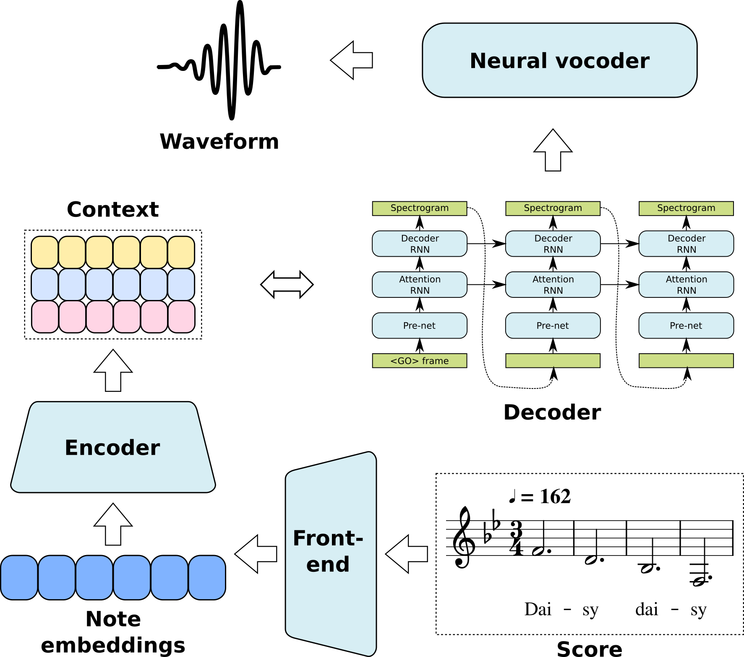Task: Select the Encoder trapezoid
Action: (113, 447)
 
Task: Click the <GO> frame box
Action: (420, 361)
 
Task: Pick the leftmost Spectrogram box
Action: (420, 209)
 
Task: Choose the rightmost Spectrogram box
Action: (686, 209)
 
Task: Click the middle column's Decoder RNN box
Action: (553, 244)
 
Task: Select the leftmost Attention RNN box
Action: (420, 285)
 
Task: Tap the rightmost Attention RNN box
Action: (686, 285)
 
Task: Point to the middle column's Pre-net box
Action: (553, 326)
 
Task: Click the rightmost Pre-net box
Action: (686, 326)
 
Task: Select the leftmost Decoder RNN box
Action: (420, 244)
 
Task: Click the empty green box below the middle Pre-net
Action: (553, 361)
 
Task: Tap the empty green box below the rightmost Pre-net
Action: (686, 361)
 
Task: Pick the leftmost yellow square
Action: (45, 252)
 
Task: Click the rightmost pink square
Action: (181, 317)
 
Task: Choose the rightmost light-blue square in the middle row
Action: (181, 284)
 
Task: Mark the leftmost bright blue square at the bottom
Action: (19, 578)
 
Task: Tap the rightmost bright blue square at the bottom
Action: (207, 578)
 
